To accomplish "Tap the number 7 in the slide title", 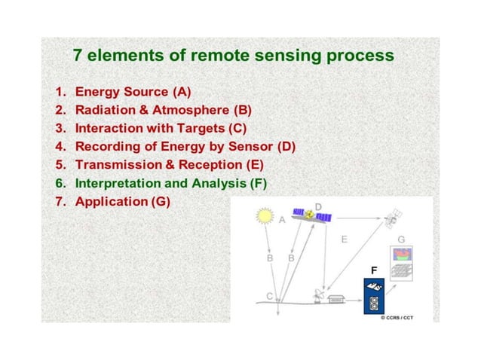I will tap(78, 56).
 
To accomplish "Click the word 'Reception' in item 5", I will tap(211, 164).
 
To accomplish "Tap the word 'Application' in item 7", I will tap(112, 201).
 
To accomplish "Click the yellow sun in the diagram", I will tap(264, 216).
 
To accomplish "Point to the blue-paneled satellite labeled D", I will tap(311, 217).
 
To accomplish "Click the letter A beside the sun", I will tap(281, 220).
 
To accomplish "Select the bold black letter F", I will tap(373, 269).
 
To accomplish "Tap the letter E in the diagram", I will tap(344, 239).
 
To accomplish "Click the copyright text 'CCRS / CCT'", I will tap(400, 318).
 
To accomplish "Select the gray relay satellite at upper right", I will tap(391, 221).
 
